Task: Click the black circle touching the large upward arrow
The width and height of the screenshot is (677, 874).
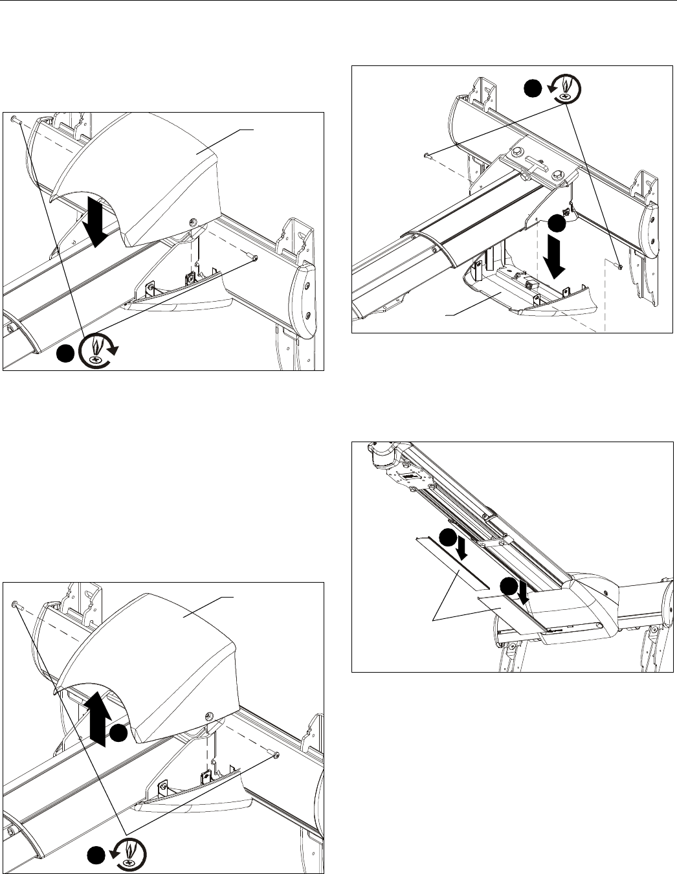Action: (117, 733)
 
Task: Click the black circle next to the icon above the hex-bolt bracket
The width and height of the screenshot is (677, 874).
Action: (532, 90)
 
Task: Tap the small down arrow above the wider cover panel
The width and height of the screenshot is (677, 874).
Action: (524, 594)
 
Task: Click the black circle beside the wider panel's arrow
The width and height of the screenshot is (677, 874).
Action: (509, 588)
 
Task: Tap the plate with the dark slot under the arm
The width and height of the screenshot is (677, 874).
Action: (412, 478)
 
